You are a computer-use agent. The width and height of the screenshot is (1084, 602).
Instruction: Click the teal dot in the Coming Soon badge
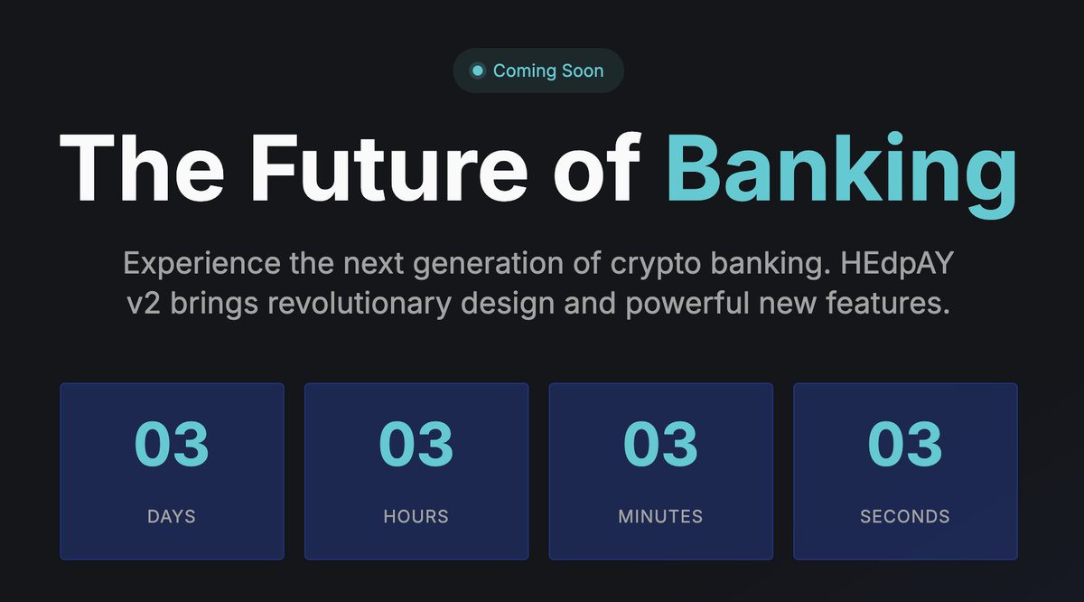(478, 71)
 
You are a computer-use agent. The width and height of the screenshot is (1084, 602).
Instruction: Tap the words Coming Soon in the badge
(548, 71)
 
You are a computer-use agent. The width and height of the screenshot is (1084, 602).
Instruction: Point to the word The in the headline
(142, 170)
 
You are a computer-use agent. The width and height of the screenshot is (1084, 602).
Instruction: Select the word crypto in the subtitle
(654, 265)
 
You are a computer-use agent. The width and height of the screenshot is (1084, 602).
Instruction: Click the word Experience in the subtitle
(202, 265)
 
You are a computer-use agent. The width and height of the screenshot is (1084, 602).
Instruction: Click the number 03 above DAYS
(172, 444)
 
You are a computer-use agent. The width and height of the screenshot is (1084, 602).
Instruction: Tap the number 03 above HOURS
(416, 444)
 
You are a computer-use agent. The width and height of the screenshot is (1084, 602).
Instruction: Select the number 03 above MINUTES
(660, 444)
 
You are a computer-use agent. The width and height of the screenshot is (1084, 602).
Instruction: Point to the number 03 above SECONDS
(905, 444)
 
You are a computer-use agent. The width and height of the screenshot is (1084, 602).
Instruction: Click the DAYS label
(172, 517)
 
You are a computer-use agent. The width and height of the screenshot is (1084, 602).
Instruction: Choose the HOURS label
(416, 517)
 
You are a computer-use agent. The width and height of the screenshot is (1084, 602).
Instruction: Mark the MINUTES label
(660, 517)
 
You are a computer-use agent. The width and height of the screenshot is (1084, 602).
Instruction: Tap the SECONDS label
(905, 517)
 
